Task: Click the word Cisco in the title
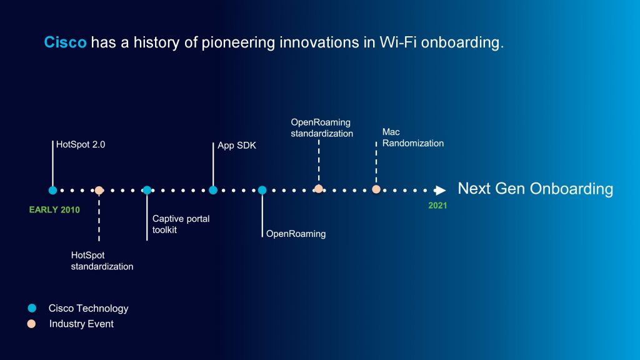coord(65,42)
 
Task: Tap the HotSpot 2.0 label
coord(81,144)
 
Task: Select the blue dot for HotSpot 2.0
coord(52,190)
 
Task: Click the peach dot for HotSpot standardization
coord(99,190)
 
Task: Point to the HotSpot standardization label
coord(102,261)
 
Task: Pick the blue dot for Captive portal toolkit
coord(147,190)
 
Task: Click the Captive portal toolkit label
coord(181,224)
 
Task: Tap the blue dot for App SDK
coord(213,190)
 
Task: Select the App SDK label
coord(237,146)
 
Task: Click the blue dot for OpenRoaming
coord(262,190)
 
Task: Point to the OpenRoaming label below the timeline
coord(296,234)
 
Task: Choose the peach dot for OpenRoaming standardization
coord(319,189)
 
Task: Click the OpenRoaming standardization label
coord(322,127)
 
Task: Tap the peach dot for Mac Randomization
coord(376,189)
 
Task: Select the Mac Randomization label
coord(412,137)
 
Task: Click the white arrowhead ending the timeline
coord(440,190)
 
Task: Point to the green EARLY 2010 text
coord(54,210)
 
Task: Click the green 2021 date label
coord(437,206)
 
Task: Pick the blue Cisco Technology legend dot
coord(32,308)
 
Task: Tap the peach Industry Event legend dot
coord(31,324)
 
